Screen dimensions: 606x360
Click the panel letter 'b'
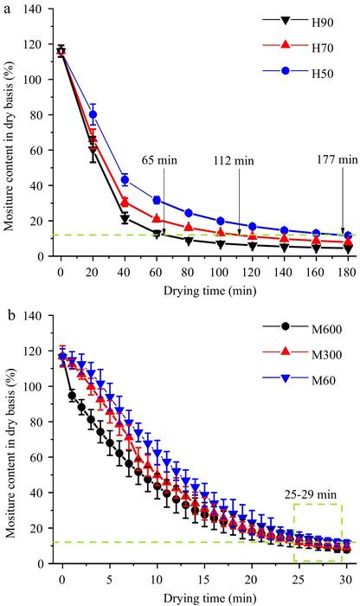pos(7,308)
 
